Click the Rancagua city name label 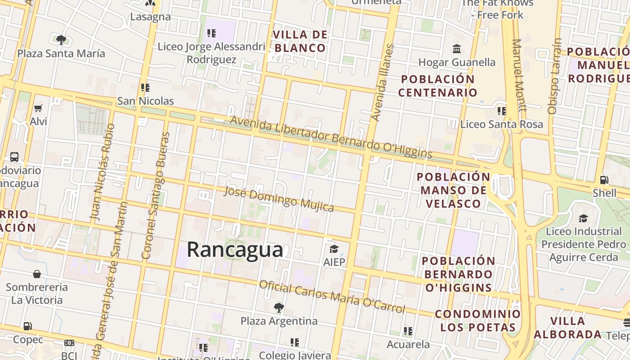pos(235,250)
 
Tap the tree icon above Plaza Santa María pos(61,40)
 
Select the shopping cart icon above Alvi pos(38,108)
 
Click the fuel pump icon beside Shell pos(604,180)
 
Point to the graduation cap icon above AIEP pos(334,249)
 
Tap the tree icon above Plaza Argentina pos(279,308)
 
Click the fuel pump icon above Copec pos(28,326)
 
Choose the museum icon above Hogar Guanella pos(457,49)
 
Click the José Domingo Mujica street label pos(279,199)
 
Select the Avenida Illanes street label pos(383,83)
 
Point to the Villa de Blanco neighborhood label pos(301,41)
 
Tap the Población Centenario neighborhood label pos(437,86)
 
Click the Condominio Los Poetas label pos(477,320)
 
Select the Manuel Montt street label pos(519,75)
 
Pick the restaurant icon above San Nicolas pos(145,88)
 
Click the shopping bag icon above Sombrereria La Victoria pos(37,274)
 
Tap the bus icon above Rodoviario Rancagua pos(14,157)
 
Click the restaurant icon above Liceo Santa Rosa pos(501,111)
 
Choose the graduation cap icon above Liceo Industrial pos(583,218)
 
